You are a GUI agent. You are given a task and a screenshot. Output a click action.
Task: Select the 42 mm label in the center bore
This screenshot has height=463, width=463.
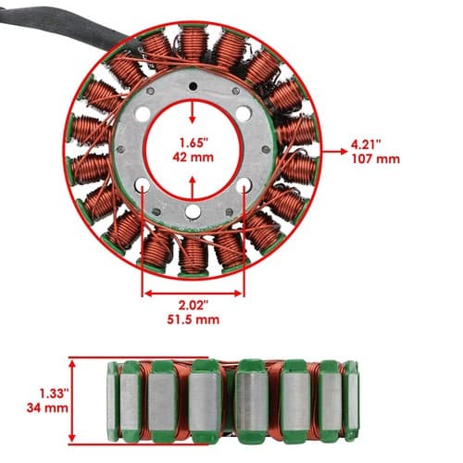[x=194, y=157]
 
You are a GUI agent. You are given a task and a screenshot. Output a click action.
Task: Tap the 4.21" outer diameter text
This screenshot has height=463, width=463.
[x=366, y=144]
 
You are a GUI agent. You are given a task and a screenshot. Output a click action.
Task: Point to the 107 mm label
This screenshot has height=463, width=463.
[x=376, y=159]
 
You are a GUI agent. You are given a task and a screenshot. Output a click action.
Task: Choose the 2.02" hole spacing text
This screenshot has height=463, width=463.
[x=194, y=306]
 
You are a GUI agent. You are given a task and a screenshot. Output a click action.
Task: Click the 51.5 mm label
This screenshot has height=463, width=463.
[x=194, y=319]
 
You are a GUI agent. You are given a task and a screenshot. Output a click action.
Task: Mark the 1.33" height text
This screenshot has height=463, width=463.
[x=54, y=394]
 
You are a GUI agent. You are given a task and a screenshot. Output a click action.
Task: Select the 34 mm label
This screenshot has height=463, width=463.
[x=47, y=407]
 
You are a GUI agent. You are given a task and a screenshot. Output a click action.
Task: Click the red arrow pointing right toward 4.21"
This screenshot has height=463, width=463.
[x=334, y=151]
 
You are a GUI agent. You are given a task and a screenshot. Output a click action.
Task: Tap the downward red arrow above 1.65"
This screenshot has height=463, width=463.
[x=193, y=113]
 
